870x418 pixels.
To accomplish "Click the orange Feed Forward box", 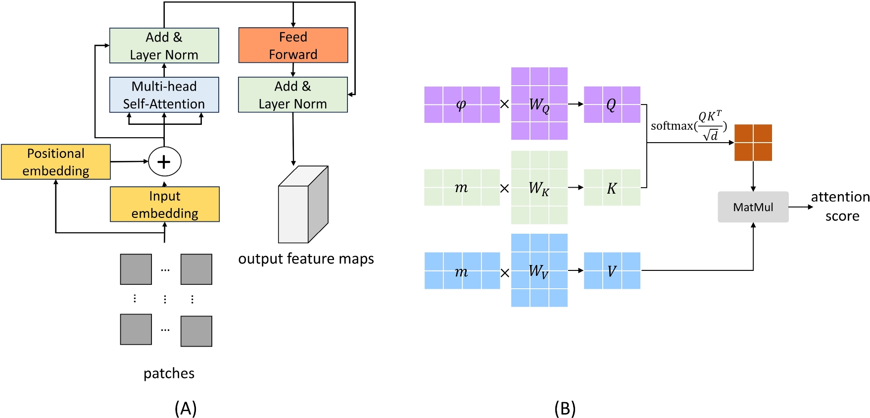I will (x=293, y=45).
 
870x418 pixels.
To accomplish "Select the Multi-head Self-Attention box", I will (x=164, y=95).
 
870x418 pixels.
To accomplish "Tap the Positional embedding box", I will (x=56, y=162).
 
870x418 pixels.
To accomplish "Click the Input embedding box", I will (x=164, y=204).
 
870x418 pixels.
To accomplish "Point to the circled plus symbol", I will (x=165, y=161).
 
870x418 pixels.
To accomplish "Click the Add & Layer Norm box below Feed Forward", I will (x=293, y=95).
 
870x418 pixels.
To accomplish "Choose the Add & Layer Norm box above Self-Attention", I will (x=164, y=46).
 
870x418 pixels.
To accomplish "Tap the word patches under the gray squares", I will (x=169, y=373).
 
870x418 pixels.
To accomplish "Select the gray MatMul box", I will (x=753, y=207).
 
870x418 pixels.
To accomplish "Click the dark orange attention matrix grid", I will (x=753, y=143).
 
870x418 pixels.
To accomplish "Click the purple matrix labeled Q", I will (x=612, y=104).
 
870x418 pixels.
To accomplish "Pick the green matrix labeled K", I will (x=612, y=188).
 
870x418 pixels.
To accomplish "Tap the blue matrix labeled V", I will (x=612, y=271).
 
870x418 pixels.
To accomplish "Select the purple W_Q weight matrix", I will (x=539, y=104).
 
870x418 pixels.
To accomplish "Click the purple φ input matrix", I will (x=462, y=104).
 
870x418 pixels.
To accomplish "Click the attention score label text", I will (x=841, y=207).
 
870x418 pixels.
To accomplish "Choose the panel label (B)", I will (x=565, y=409).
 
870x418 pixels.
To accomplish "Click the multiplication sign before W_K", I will (x=504, y=188).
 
